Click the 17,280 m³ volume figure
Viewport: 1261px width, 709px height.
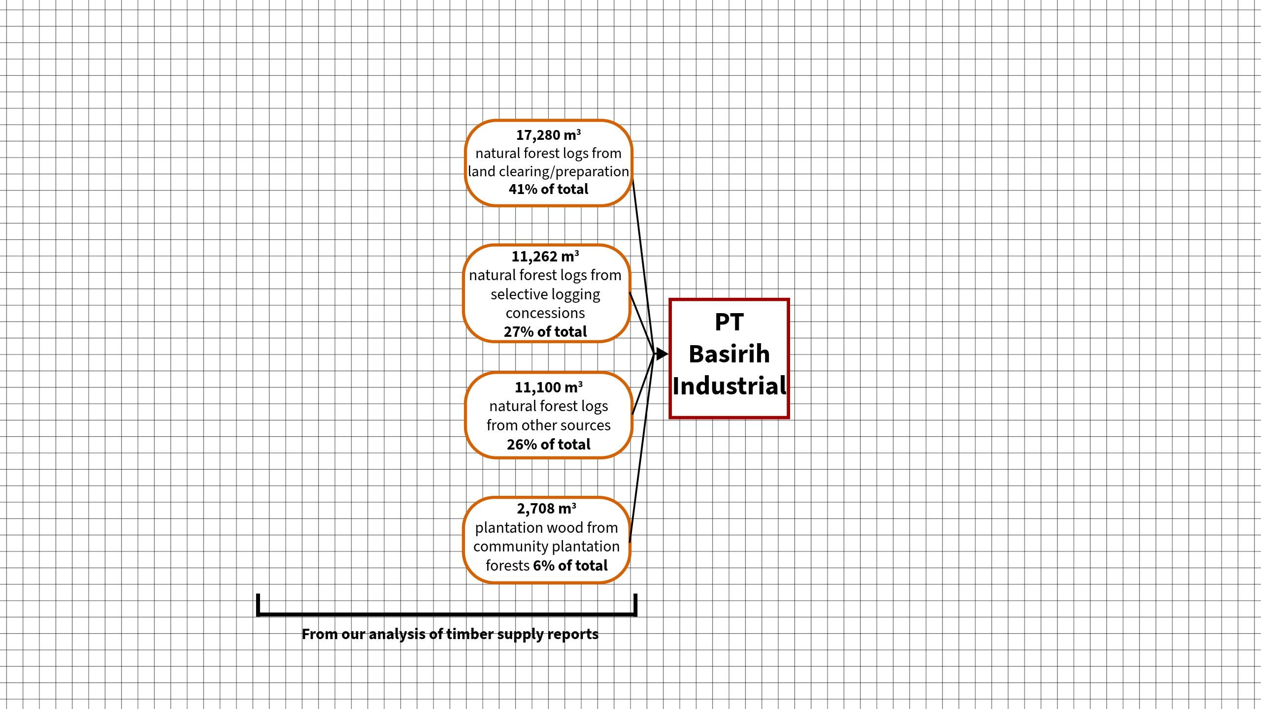[548, 135]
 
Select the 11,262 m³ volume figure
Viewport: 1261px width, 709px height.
[545, 257]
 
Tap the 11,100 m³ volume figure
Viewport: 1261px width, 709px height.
[548, 387]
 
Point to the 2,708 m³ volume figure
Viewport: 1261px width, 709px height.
[546, 509]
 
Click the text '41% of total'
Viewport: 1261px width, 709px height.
[548, 189]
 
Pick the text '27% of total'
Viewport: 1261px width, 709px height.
[545, 332]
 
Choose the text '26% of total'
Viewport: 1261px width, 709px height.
[548, 445]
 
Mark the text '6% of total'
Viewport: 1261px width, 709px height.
[570, 566]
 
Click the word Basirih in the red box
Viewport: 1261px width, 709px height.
[729, 354]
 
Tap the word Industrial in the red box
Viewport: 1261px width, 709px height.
[730, 386]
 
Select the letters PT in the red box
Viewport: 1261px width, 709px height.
[729, 322]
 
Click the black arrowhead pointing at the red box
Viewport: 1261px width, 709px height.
[662, 354]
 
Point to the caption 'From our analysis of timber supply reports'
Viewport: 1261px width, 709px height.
[450, 634]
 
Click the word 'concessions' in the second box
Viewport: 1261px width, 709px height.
[545, 313]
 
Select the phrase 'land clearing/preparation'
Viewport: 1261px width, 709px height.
[548, 171]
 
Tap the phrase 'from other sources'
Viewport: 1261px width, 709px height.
[548, 425]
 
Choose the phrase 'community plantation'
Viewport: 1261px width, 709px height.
[546, 547]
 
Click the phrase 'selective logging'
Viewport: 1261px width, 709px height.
[545, 294]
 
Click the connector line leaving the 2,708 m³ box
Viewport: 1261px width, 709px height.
[641, 448]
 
